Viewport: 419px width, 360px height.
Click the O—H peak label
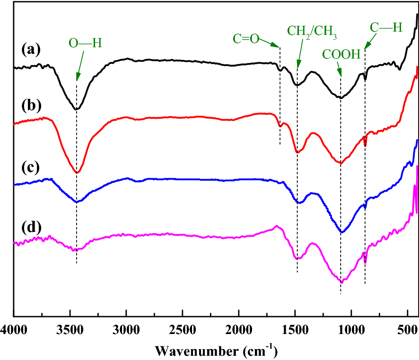(x=85, y=43)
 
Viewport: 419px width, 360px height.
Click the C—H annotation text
(x=386, y=28)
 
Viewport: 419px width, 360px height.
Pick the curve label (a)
(x=31, y=49)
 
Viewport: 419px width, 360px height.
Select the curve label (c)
(x=31, y=168)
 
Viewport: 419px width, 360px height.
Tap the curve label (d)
(x=31, y=229)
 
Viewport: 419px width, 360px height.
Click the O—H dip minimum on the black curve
(x=76, y=109)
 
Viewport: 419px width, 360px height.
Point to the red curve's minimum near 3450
(x=77, y=173)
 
